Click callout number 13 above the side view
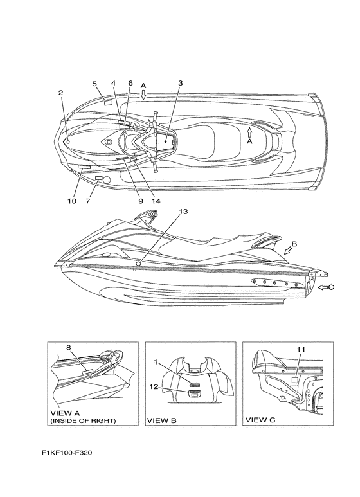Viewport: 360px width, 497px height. pyautogui.click(x=183, y=212)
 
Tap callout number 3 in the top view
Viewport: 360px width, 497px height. pyautogui.click(x=180, y=83)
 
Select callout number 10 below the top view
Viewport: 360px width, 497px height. pyautogui.click(x=72, y=201)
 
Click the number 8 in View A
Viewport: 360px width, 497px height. pyautogui.click(x=68, y=347)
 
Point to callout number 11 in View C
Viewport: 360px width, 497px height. pyautogui.click(x=301, y=349)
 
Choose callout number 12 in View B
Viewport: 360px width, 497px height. pyautogui.click(x=154, y=386)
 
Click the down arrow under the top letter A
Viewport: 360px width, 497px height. pyautogui.click(x=143, y=95)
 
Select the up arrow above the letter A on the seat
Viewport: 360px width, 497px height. pyautogui.click(x=249, y=132)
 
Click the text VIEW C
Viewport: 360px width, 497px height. pyautogui.click(x=260, y=420)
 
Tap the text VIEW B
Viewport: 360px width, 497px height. pyautogui.click(x=161, y=420)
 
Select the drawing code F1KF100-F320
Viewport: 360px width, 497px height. pyautogui.click(x=67, y=453)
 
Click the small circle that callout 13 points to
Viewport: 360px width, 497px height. pyautogui.click(x=138, y=264)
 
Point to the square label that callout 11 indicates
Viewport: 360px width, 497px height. pyautogui.click(x=295, y=381)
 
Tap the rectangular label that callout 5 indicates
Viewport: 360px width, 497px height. pyautogui.click(x=109, y=102)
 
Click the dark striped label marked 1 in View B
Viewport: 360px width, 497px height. pyautogui.click(x=194, y=385)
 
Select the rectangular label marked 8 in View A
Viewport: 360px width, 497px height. pyautogui.click(x=87, y=372)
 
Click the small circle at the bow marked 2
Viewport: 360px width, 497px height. pyautogui.click(x=68, y=141)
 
